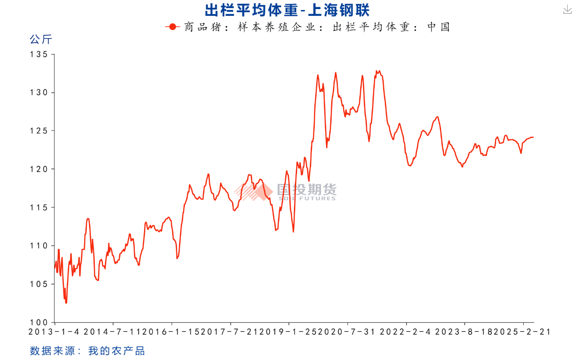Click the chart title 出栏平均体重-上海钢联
point(288,10)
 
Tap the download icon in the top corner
point(567,10)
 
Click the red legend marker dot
point(172,27)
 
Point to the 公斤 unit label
point(41,39)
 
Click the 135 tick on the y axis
point(39,54)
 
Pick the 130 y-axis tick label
point(39,93)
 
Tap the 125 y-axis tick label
point(39,131)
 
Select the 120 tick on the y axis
point(39,169)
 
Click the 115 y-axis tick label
point(39,207)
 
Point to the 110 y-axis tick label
point(39,246)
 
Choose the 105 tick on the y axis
point(39,284)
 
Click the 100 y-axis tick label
point(39,322)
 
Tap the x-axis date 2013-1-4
point(54,332)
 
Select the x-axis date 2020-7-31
point(347,332)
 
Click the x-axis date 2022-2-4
point(406,332)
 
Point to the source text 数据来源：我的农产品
point(87,350)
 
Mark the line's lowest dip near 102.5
point(66,302)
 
